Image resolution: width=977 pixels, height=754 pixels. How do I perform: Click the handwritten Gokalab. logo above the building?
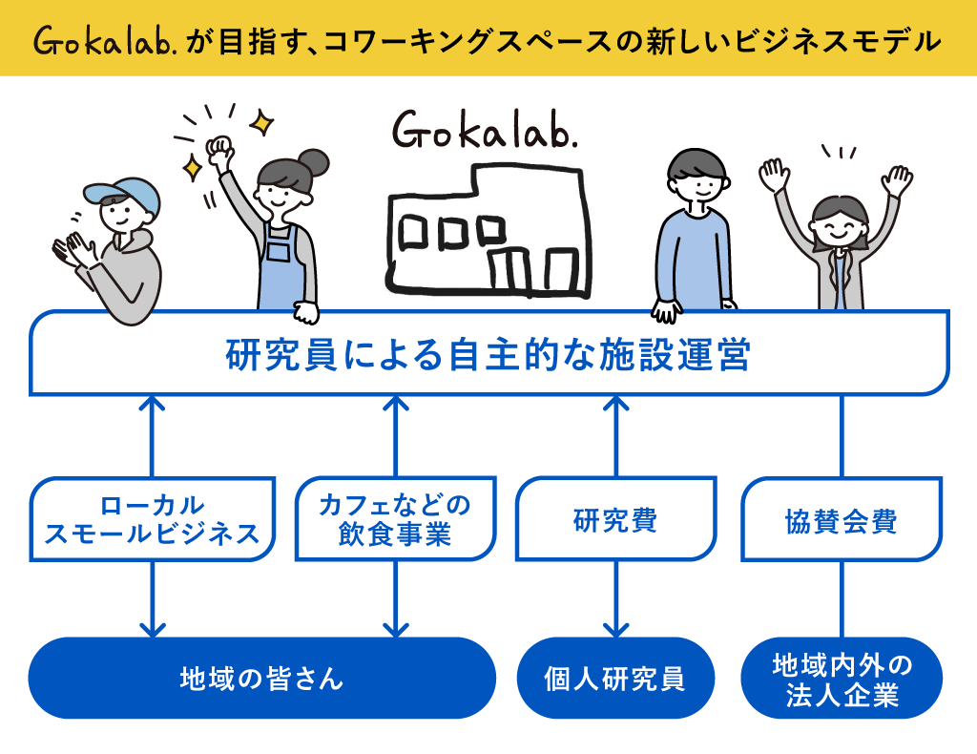tap(485, 132)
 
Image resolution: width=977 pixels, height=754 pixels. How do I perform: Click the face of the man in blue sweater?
tap(694, 181)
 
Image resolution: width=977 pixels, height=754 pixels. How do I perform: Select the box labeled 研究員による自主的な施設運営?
tap(488, 355)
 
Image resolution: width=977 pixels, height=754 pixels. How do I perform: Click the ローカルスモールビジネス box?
tap(153, 519)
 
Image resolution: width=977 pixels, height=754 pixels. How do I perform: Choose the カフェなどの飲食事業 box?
tap(395, 519)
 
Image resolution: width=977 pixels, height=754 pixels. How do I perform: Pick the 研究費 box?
tap(615, 520)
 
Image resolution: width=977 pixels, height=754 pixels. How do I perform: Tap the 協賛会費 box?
tap(841, 520)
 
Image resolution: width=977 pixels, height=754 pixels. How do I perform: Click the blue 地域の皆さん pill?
tap(261, 678)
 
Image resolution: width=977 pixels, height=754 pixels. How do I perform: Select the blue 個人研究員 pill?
tap(615, 678)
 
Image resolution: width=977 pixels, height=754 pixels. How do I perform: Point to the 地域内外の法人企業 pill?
tap(841, 678)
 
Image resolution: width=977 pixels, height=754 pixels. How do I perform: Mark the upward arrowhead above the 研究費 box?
tap(615, 405)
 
